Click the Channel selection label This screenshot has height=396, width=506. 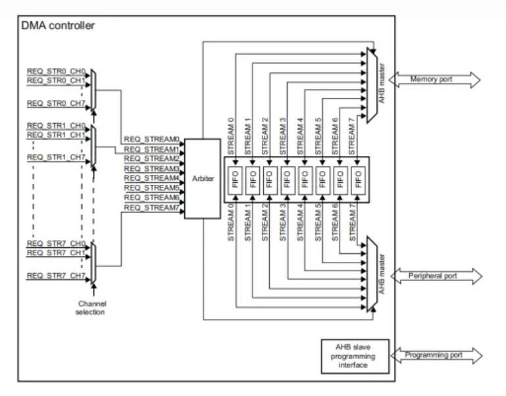(93, 307)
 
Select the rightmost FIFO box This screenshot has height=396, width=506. (357, 179)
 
